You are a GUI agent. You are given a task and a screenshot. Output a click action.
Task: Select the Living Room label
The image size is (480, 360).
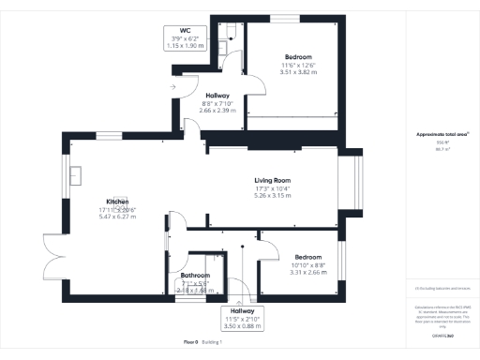[x=273, y=180]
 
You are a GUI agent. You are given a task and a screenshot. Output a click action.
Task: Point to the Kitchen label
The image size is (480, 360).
[x=117, y=202]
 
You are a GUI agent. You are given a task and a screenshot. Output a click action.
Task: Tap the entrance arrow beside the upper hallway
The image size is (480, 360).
[x=172, y=87]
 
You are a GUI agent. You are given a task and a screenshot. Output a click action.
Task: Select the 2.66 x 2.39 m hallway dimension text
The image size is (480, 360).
[x=222, y=110]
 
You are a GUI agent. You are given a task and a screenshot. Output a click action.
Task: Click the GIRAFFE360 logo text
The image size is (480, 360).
[x=442, y=336]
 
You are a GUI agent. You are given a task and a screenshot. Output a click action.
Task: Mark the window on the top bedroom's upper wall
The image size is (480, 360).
[x=288, y=18]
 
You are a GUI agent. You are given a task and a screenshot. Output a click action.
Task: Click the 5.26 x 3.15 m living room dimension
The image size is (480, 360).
[x=273, y=196]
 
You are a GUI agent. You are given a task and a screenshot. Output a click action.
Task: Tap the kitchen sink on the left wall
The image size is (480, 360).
[x=77, y=175]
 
